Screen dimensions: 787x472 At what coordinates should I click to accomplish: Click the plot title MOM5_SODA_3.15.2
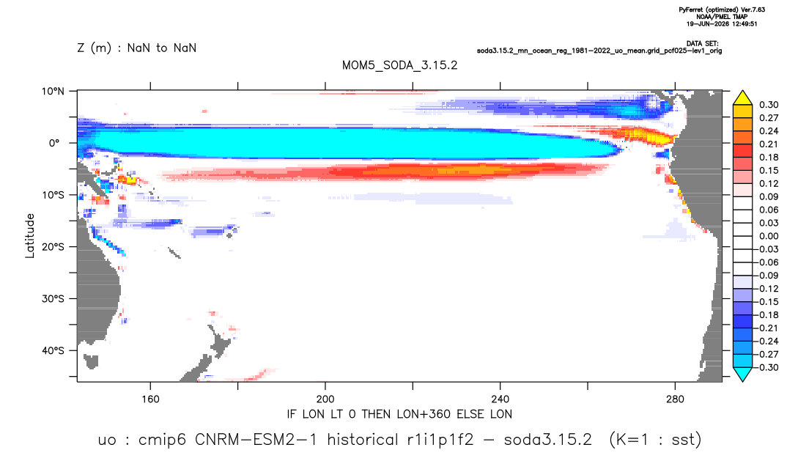point(399,66)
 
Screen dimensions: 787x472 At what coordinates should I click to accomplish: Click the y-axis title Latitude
point(30,236)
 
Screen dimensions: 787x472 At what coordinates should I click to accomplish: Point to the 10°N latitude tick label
point(53,92)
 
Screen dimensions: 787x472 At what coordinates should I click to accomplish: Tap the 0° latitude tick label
point(54,143)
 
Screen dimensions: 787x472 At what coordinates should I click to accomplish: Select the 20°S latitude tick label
point(53,247)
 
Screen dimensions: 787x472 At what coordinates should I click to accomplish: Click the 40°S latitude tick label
point(53,350)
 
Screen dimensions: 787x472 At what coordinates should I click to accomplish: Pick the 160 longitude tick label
point(150,399)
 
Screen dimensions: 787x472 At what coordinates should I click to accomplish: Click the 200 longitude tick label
point(325,399)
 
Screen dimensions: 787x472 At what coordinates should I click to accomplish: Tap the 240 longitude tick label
point(500,399)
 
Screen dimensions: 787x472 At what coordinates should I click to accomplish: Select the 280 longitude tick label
point(675,399)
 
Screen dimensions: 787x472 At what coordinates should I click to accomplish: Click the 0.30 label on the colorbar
point(769,105)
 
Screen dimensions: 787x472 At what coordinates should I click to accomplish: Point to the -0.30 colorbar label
point(767,367)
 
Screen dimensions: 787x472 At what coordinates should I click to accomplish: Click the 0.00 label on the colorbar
point(769,236)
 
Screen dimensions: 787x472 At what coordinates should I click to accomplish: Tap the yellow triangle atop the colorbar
point(742,98)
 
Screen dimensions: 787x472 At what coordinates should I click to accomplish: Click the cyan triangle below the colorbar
point(742,374)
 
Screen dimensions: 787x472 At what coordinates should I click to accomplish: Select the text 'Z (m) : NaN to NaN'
point(136,48)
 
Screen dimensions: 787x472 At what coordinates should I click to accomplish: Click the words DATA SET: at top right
point(703,44)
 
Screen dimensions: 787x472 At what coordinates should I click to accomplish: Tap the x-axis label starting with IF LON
point(399,414)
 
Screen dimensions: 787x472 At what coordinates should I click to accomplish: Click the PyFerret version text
point(722,10)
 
